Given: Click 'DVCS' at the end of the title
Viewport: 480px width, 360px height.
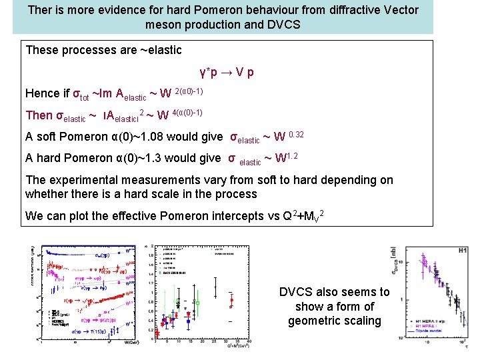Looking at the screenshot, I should click(285, 25).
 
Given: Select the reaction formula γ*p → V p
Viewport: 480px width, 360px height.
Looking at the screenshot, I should click(226, 72).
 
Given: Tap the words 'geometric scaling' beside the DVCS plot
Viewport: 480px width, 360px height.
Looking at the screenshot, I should click(334, 321).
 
